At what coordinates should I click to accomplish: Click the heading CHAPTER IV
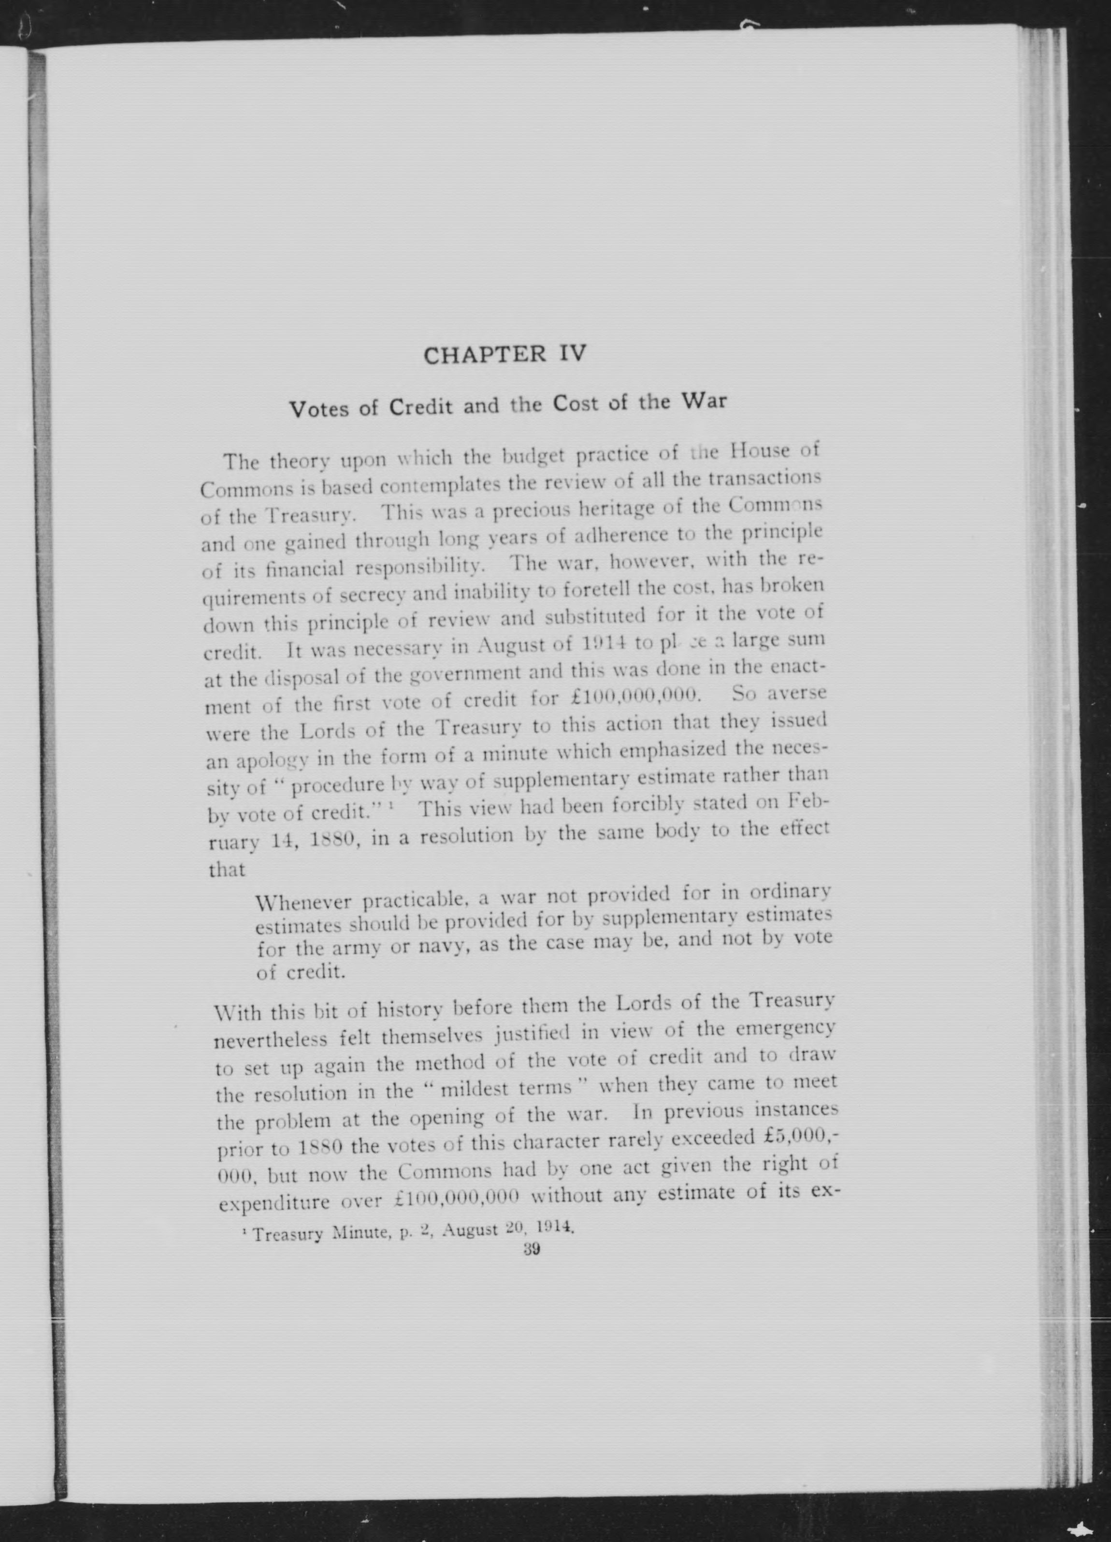click(504, 354)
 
